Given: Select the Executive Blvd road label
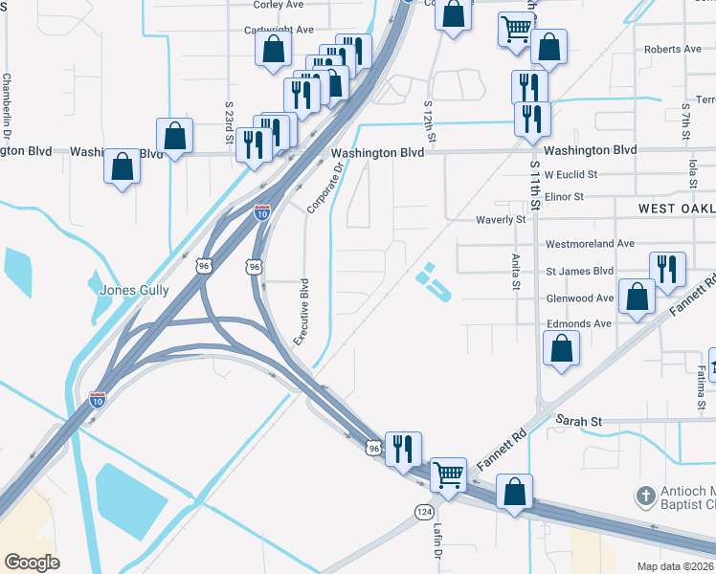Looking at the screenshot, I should (x=303, y=312).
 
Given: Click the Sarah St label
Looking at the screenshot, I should (x=580, y=421).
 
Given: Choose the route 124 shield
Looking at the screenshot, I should (x=423, y=513).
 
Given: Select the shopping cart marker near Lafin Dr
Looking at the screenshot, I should (x=448, y=474).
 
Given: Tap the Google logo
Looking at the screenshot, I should (x=32, y=563).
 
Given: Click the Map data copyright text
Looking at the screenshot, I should (x=675, y=566).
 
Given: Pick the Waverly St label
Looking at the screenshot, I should (x=502, y=220).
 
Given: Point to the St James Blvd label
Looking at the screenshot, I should (x=579, y=271).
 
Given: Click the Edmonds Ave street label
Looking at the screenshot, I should (x=578, y=324).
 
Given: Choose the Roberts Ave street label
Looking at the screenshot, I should (x=673, y=49).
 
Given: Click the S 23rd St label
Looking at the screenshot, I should (x=230, y=122).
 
